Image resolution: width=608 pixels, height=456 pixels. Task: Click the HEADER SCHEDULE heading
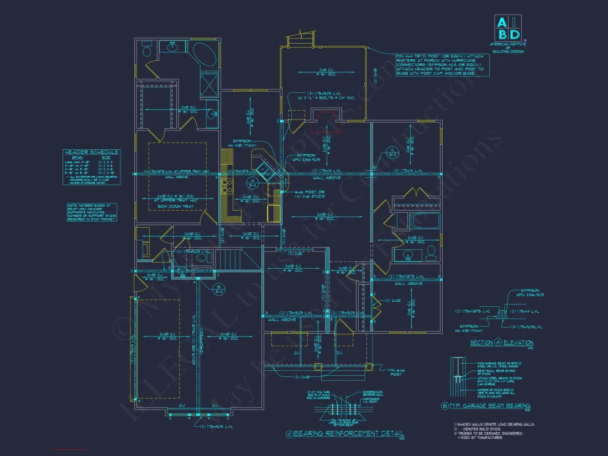click(91, 153)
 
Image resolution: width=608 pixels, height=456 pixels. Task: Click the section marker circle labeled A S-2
click(251, 182)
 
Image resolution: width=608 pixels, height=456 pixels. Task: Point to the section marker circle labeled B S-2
click(219, 287)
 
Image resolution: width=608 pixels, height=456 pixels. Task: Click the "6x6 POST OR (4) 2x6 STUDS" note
click(302, 194)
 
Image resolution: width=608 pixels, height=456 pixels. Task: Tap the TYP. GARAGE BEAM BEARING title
click(489, 406)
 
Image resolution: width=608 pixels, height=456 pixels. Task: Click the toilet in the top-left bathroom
click(146, 50)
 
